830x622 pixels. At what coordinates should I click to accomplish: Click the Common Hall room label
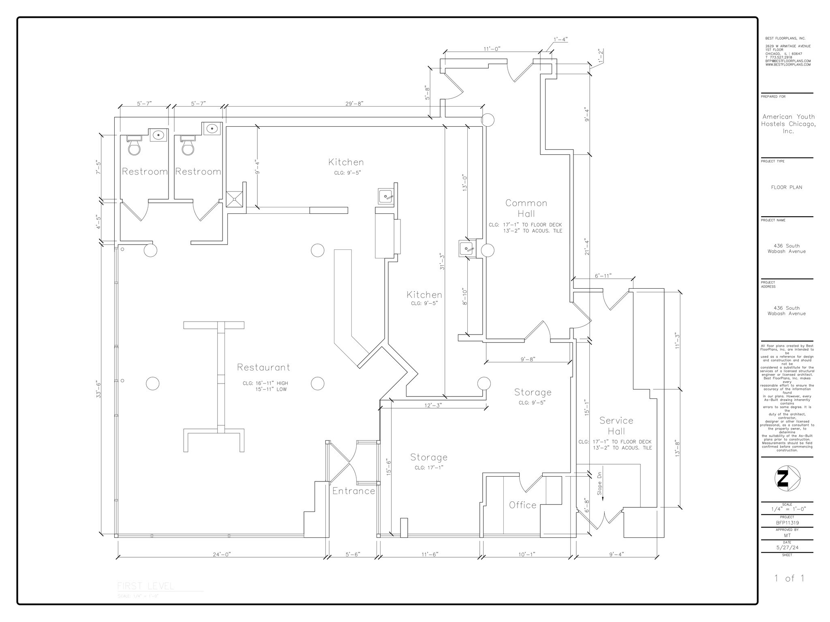[x=526, y=208]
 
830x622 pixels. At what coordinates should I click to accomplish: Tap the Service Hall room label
[x=616, y=426]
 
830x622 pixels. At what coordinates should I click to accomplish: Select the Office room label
[x=522, y=505]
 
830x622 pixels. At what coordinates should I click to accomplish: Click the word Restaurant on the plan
[x=263, y=367]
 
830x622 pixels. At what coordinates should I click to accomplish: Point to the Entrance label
[x=353, y=491]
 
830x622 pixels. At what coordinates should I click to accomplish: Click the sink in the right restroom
[x=212, y=129]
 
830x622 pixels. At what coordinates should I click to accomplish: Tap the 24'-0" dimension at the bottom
[x=222, y=554]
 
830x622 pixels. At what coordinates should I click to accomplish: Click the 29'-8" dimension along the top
[x=354, y=104]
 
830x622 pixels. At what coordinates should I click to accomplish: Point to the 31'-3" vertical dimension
[x=442, y=262]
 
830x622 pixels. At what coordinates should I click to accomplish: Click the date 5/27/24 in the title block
[x=787, y=547]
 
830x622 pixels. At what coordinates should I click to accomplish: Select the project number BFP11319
[x=787, y=523]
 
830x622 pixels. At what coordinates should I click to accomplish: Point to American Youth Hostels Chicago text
[x=788, y=124]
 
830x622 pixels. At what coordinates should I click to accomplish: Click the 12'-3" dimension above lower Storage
[x=433, y=405]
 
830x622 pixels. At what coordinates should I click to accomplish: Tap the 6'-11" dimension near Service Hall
[x=603, y=276]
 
